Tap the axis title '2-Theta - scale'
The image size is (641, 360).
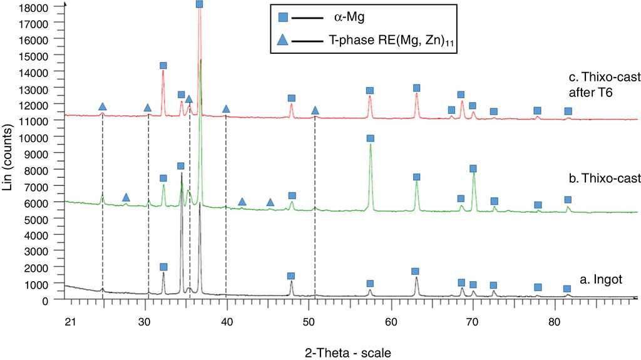(354, 352)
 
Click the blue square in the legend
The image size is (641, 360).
(284, 19)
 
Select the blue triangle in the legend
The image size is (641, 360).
(284, 41)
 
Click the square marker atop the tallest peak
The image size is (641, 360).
(200, 4)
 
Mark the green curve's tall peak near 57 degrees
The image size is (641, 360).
(371, 145)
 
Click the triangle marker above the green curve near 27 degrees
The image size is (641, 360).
(126, 198)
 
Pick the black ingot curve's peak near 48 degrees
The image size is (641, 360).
(292, 282)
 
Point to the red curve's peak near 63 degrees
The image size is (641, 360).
(416, 94)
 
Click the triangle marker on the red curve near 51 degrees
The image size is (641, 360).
(315, 111)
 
